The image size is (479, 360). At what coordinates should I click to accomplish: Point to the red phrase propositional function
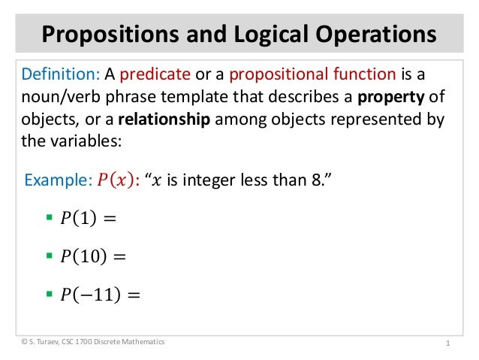(x=312, y=75)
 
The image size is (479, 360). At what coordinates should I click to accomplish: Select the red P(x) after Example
(x=113, y=180)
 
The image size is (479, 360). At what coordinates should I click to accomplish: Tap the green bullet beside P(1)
(x=50, y=218)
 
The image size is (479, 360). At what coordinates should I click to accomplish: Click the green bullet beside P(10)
(x=50, y=256)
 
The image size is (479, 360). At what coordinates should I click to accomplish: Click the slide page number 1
(x=447, y=343)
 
